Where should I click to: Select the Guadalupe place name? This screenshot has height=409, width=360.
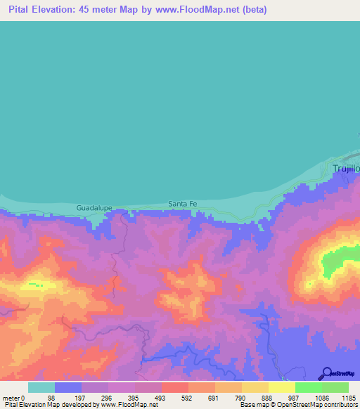pyautogui.click(x=94, y=209)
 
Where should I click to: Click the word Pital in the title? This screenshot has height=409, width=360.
pyautogui.click(x=20, y=10)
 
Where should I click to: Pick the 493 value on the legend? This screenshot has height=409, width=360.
pyautogui.click(x=161, y=398)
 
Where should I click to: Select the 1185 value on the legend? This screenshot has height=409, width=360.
pyautogui.click(x=347, y=398)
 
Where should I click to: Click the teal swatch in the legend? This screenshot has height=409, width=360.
pyautogui.click(x=41, y=387)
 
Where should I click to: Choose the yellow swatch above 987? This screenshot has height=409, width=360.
pyautogui.click(x=282, y=387)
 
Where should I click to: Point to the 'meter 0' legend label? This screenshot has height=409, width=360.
pyautogui.click(x=15, y=398)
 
